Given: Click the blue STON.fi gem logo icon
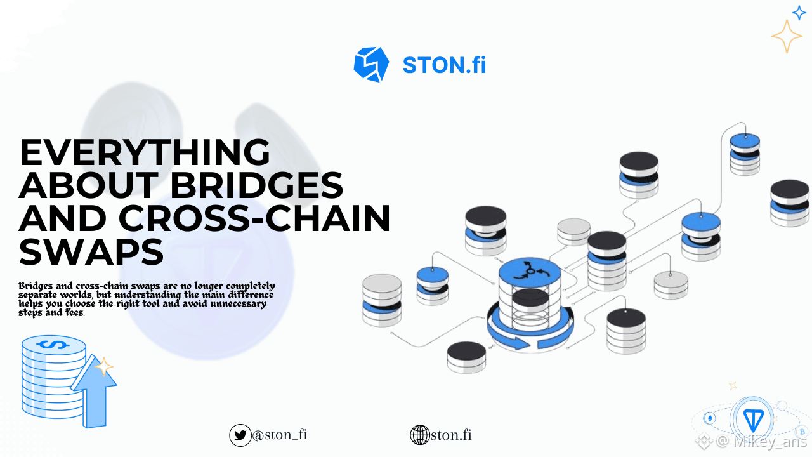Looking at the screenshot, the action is click(371, 65).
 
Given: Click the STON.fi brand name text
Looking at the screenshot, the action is click(445, 65).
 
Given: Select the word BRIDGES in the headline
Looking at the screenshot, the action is click(256, 185).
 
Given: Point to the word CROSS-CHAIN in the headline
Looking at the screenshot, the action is click(254, 218).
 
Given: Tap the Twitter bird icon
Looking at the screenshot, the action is click(240, 435).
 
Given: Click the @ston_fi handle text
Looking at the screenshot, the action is click(280, 435).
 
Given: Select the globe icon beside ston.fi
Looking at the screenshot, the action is click(420, 435).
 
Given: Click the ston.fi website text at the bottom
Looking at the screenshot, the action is click(451, 435).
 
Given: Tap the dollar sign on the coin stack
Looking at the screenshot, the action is click(53, 345).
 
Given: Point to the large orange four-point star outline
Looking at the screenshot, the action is click(787, 36).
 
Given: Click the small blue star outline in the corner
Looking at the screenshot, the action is click(799, 13).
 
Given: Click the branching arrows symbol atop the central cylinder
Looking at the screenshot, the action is click(530, 270).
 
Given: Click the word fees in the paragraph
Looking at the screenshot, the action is click(75, 313).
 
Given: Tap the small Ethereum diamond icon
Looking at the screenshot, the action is click(710, 418).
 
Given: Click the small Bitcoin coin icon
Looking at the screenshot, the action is click(802, 432).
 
